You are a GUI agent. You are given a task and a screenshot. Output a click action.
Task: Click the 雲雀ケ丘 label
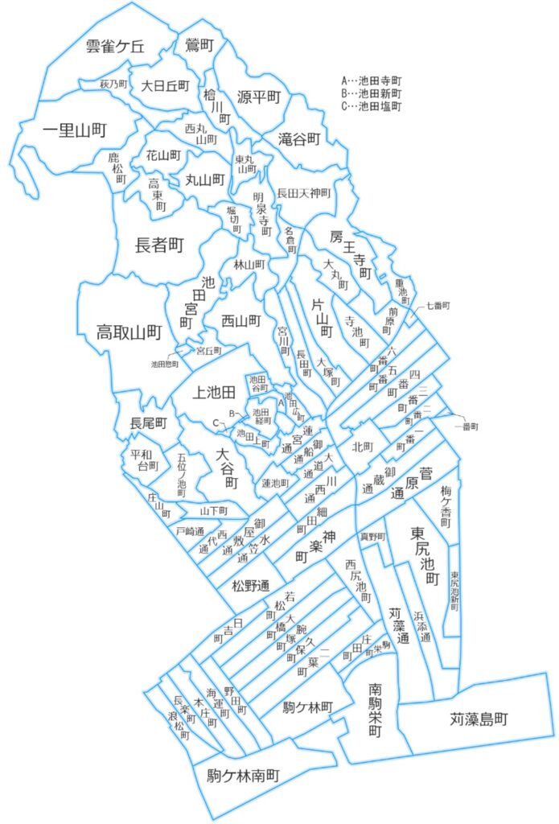point(115,47)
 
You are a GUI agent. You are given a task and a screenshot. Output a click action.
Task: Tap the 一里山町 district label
point(64,129)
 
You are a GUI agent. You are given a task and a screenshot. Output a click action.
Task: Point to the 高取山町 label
point(129,331)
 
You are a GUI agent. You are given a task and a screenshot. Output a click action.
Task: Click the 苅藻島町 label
point(479,719)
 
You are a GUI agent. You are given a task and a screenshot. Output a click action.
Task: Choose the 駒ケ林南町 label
point(243,777)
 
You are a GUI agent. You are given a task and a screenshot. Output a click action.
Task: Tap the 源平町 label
point(258,97)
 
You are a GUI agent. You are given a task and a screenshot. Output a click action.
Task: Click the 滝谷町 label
point(299,138)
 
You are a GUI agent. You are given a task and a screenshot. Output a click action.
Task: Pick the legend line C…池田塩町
point(371,105)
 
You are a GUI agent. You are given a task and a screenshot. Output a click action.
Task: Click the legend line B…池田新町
point(371,93)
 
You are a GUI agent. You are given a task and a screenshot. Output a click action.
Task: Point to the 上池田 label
point(215,392)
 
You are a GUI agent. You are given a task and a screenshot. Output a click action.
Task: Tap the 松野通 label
point(250,584)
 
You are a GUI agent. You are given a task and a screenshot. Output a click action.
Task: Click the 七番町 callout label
point(438,306)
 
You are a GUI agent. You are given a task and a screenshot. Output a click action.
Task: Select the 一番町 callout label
point(466,425)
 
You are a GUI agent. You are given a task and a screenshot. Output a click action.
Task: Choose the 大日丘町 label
point(165,84)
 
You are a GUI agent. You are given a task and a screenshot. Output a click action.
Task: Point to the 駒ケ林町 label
point(307,707)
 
